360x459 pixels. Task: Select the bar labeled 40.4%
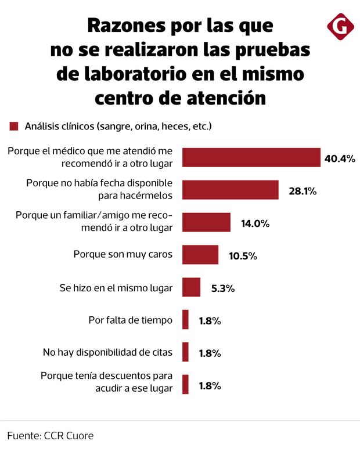point(251,157)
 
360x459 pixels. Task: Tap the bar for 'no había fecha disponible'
point(231,190)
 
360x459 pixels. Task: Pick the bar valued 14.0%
point(206,222)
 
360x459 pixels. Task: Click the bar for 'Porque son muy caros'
point(200,255)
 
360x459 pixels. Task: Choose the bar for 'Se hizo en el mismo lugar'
point(191,287)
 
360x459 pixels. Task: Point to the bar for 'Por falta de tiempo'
point(185,320)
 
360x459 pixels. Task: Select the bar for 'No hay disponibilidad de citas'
point(185,352)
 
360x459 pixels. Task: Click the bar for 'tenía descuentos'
point(185,385)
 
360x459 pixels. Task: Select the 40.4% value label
point(340,158)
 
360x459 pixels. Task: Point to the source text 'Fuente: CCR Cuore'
point(50,435)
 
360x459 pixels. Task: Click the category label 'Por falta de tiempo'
point(131,320)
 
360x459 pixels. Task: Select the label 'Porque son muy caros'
point(123,255)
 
